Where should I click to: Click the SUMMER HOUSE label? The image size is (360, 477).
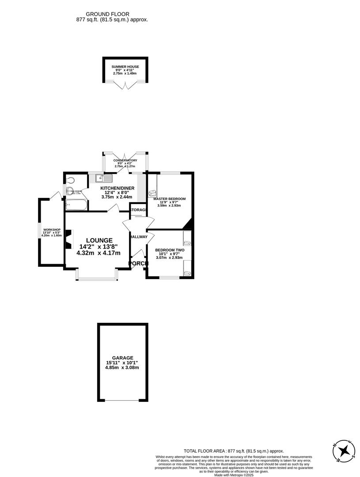(x=125, y=67)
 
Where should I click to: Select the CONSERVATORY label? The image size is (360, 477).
(x=125, y=160)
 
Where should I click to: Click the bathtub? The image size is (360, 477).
(x=76, y=205)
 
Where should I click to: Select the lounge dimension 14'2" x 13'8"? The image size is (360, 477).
(x=99, y=246)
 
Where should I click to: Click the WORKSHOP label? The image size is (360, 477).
(x=51, y=230)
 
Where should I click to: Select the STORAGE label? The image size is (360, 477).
(x=138, y=209)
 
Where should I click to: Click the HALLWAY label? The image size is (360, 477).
(x=139, y=237)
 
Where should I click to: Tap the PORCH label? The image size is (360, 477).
(x=137, y=264)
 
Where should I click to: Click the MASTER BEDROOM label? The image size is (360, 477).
(x=169, y=199)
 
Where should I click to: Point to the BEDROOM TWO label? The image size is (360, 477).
(x=170, y=250)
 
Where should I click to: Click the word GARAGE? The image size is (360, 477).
(x=122, y=358)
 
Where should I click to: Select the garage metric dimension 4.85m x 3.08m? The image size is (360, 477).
(x=122, y=367)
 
